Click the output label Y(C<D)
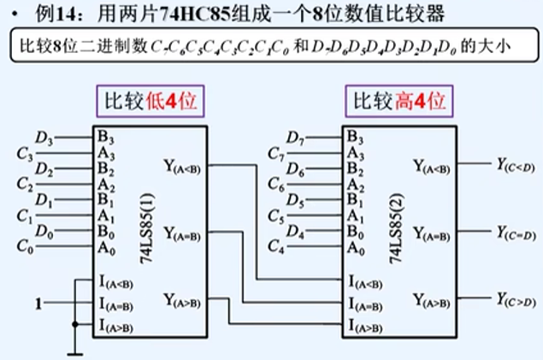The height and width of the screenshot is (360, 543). [x=516, y=164]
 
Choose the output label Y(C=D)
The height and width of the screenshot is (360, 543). [x=516, y=232]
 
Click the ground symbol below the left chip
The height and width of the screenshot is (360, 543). [x=79, y=350]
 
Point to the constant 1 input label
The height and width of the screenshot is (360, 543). [x=37, y=303]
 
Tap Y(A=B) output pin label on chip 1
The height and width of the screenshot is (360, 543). [x=180, y=233]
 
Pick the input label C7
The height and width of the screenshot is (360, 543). [x=275, y=154]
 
